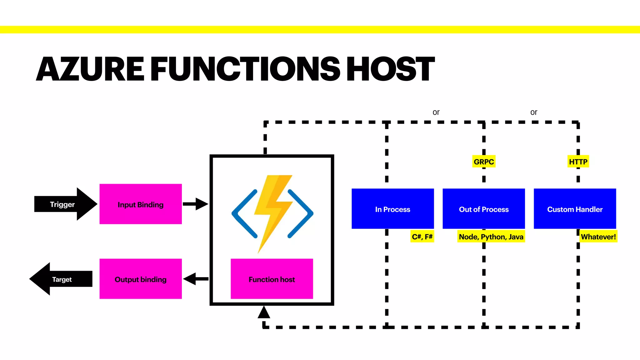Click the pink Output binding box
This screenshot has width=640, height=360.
(x=141, y=279)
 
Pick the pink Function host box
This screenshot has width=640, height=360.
(x=272, y=279)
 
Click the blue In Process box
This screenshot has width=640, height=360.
(x=392, y=209)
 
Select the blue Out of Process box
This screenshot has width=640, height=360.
(x=483, y=209)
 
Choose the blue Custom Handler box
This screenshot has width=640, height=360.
(x=575, y=209)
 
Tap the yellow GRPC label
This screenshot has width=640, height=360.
(x=483, y=162)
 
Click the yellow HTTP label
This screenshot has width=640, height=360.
(x=578, y=162)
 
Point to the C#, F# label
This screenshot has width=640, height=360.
(x=422, y=237)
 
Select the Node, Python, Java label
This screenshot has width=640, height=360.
(x=491, y=237)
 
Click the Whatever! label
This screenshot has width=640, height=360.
(x=598, y=237)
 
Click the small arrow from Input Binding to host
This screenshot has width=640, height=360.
(x=195, y=204)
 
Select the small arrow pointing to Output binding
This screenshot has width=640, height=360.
(x=195, y=279)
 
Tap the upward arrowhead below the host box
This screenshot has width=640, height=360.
(x=264, y=312)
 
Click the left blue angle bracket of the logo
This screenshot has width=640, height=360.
(x=244, y=214)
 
